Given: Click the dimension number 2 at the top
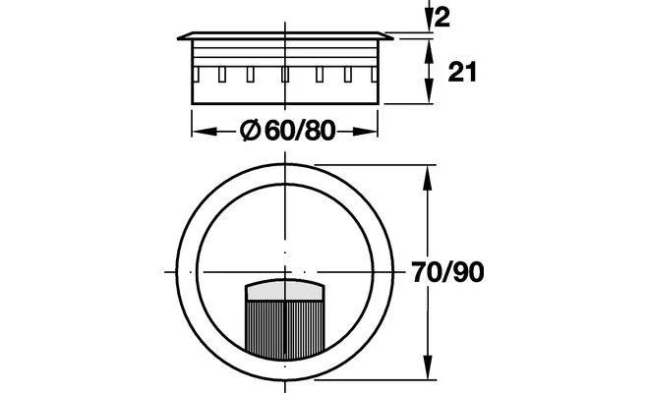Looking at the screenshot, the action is coord(442,18).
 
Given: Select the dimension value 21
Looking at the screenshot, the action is coord(462,72).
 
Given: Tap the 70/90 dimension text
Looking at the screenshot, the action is coord(447,272).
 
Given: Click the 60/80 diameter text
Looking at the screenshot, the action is coord(300,131).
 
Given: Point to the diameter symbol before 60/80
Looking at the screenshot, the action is coord(250,131).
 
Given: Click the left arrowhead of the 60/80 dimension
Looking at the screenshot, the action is coord(205,132).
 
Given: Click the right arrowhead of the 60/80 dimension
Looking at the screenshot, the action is coord(365,132).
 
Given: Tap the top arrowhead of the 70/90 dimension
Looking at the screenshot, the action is coord(428,178).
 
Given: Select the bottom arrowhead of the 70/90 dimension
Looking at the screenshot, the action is coord(428,366).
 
